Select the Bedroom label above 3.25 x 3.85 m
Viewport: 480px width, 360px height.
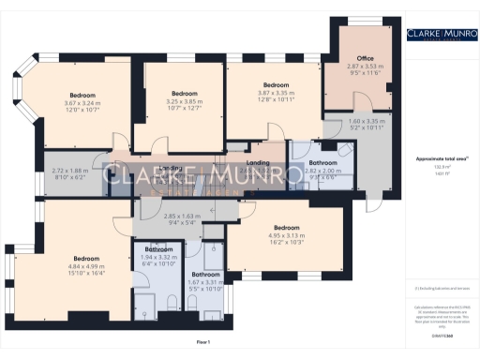click(x=184, y=94)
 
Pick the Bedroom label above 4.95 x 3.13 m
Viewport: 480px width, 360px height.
click(x=286, y=228)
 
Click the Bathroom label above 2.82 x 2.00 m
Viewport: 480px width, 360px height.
click(x=322, y=164)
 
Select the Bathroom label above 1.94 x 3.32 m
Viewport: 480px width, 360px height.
click(x=158, y=248)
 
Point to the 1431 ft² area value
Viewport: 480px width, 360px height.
click(x=438, y=174)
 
